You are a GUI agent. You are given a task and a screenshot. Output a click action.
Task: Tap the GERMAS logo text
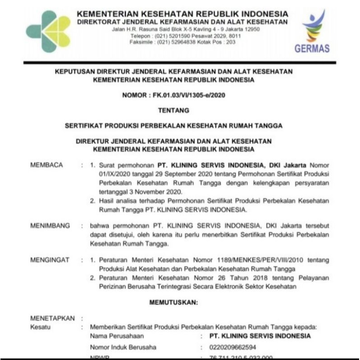(312, 48)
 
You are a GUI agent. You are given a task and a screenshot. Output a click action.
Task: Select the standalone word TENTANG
(173, 110)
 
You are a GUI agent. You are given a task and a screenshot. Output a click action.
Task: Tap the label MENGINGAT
(50, 260)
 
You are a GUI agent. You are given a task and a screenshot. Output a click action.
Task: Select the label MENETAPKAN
(52, 318)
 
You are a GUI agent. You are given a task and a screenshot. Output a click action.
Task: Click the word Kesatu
(40, 327)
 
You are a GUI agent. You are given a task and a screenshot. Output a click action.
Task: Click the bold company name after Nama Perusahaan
(260, 336)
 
